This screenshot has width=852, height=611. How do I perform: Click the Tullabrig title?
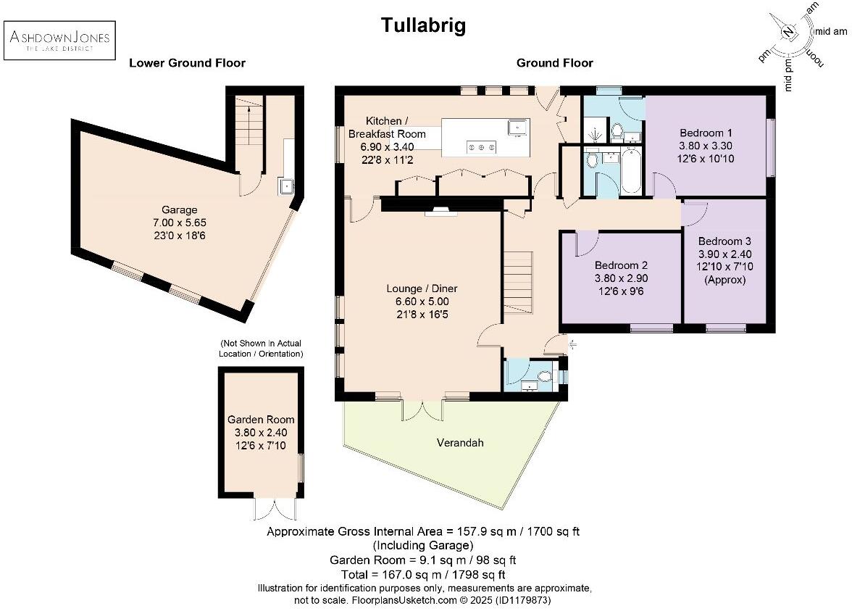tap(424, 26)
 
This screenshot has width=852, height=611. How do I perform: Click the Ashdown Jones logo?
tap(59, 41)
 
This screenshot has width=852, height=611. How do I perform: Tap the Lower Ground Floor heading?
tap(187, 63)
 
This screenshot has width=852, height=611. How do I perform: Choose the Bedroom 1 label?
tap(706, 145)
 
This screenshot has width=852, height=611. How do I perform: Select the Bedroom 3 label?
tap(724, 259)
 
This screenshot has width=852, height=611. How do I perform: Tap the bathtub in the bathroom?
tap(631, 171)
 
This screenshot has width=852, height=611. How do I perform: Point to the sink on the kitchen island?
tap(519, 128)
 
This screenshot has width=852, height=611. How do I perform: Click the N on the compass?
tap(788, 32)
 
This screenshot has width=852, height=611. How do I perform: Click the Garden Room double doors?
tap(275, 509)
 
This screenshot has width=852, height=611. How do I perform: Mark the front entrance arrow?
tap(572, 345)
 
